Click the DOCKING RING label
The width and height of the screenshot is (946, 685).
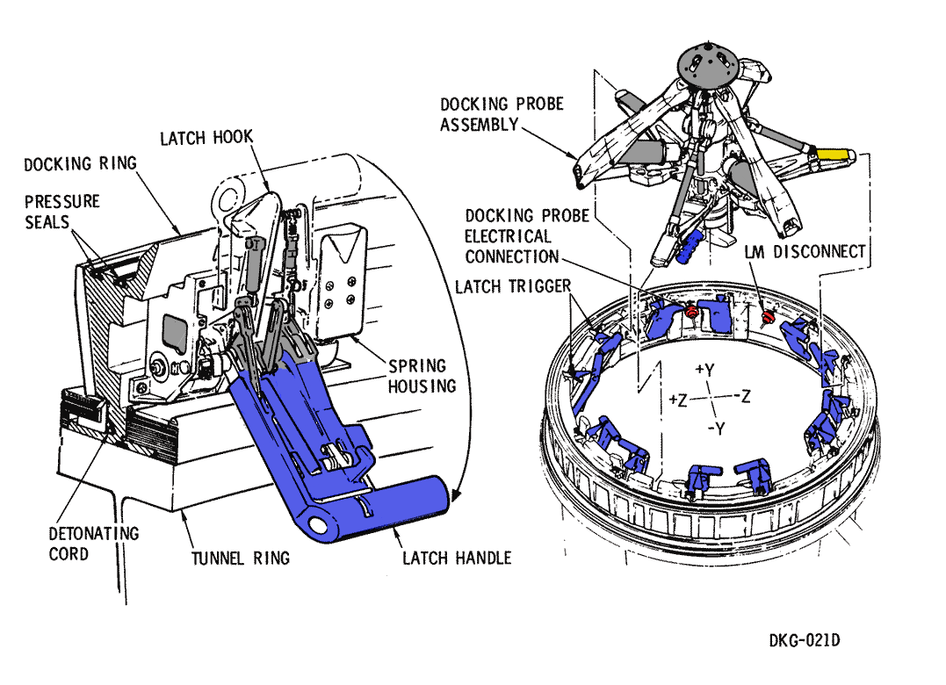point(80,164)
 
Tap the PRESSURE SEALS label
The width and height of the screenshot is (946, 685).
point(61,212)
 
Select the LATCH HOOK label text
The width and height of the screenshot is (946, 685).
point(206,138)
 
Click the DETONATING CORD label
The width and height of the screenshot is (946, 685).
point(94,544)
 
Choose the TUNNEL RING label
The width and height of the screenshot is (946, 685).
point(241,558)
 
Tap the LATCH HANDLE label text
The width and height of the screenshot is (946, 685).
point(457,558)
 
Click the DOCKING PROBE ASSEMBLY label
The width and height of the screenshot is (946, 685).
point(502,114)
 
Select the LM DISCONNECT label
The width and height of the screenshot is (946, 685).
point(805,251)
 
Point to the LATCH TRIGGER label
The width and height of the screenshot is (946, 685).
point(514,287)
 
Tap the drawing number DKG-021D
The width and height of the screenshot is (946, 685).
point(804,640)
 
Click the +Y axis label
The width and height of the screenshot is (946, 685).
point(704,370)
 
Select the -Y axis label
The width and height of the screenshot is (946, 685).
point(717,429)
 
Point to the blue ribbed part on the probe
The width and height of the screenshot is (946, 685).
point(692,245)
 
